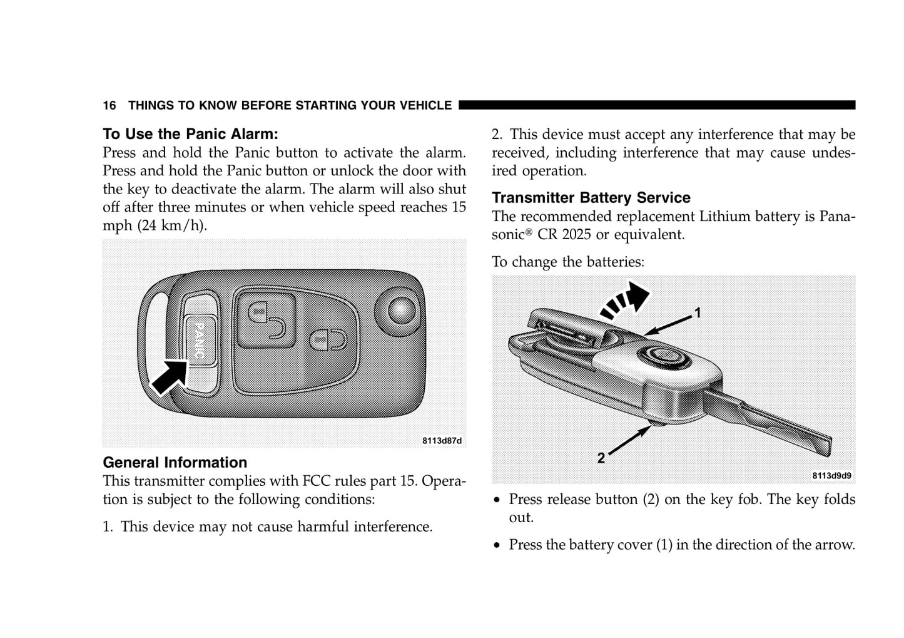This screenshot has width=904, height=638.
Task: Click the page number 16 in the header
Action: point(109,105)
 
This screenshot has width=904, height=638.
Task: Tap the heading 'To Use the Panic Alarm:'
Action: point(190,134)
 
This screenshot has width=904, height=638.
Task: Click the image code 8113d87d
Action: point(442,441)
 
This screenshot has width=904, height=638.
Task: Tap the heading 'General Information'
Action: point(175,463)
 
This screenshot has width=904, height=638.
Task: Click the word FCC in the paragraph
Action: point(317,481)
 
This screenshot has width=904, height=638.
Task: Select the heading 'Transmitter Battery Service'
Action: point(591,198)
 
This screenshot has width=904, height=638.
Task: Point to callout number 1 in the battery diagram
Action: point(697,312)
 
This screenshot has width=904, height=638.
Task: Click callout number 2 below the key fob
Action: point(601,458)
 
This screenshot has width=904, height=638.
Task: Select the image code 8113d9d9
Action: point(831,476)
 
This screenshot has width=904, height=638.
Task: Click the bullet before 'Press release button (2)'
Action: point(497,500)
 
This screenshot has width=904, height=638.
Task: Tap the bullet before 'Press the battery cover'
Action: point(497,545)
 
